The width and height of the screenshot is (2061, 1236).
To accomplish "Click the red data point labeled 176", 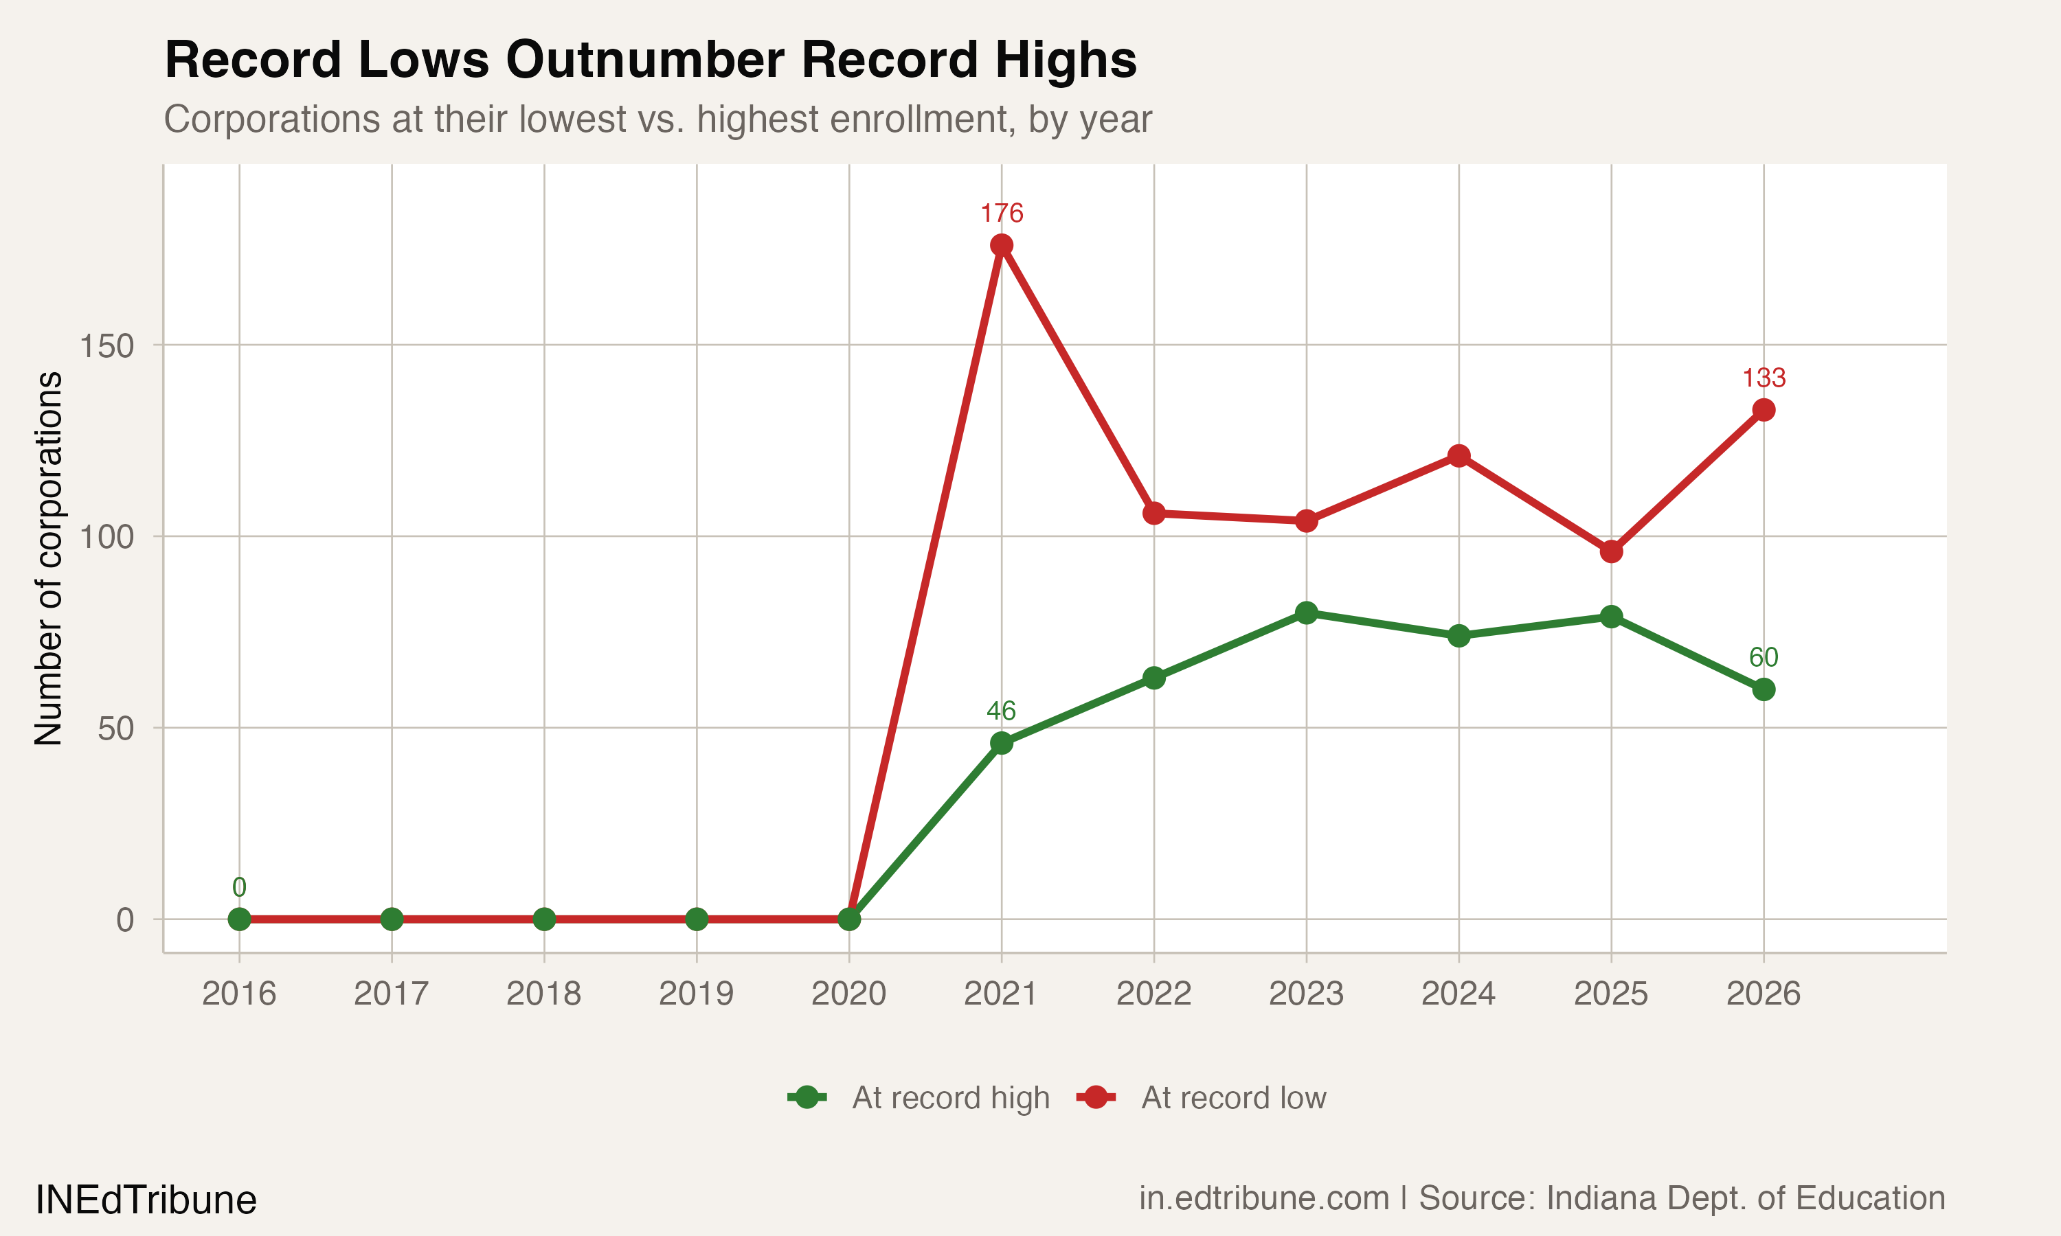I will point(1002,245).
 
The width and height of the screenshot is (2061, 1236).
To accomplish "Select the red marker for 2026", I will point(1764,410).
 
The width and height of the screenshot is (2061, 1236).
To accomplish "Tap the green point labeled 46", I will point(1002,743).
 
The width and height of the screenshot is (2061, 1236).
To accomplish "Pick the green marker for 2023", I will point(1306,613).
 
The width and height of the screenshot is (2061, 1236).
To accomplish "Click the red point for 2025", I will point(1611,551).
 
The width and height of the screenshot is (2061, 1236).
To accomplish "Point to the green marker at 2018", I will point(544,919).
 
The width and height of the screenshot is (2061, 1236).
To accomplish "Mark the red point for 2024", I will point(1459,455).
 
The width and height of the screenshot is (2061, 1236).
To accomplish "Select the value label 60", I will point(1764,658).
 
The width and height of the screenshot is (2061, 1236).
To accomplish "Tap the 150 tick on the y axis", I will point(106,345).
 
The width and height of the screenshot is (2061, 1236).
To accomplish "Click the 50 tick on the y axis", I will point(115,729).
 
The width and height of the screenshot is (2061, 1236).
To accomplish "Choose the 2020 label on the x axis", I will point(849,994).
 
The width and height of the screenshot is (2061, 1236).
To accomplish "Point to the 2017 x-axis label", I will point(392,994).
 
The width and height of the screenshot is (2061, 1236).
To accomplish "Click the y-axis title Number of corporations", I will point(48,558).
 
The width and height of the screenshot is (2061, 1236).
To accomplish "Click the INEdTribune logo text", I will point(146,1200).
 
